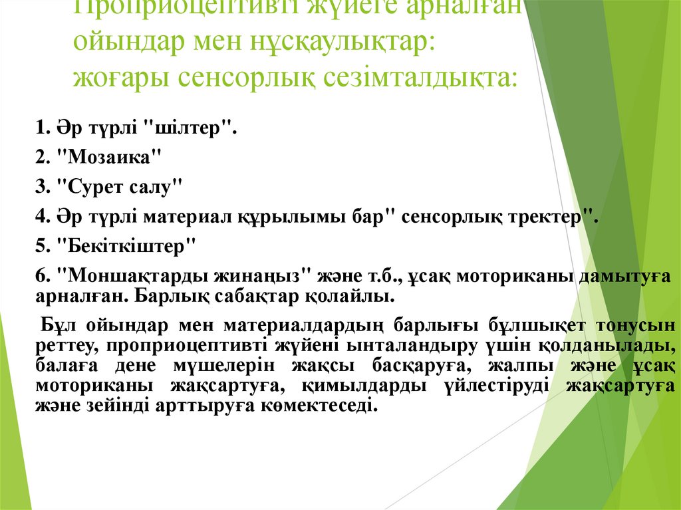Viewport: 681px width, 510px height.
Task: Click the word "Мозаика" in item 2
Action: [x=110, y=158]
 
